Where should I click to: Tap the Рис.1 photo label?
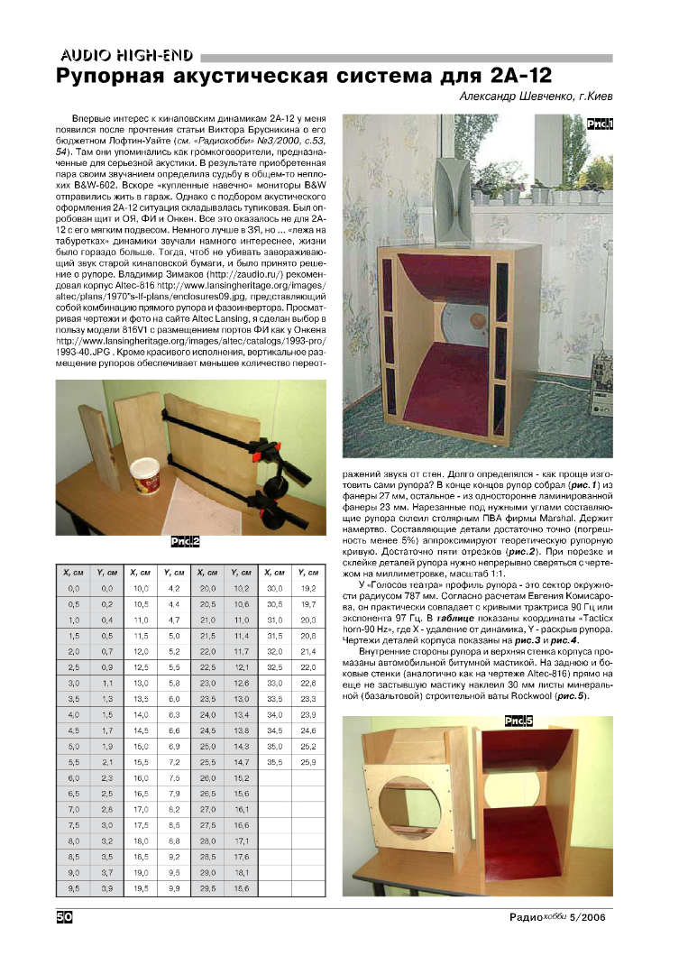(599, 124)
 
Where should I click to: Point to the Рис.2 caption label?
(185, 543)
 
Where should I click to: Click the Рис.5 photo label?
(518, 719)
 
